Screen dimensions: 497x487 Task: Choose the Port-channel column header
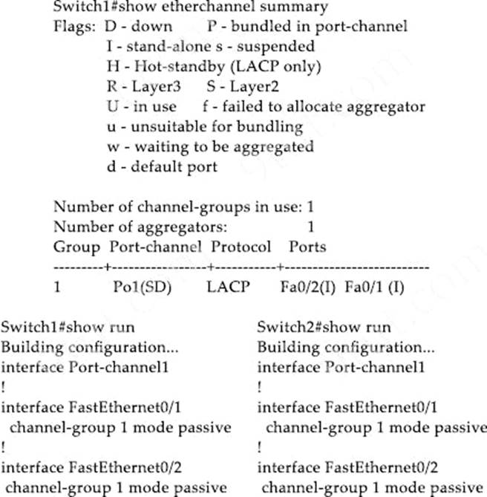pyautogui.click(x=155, y=246)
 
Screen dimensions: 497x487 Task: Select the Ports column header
pyautogui.click(x=307, y=246)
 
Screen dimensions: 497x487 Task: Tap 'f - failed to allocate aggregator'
pyautogui.click(x=314, y=106)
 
